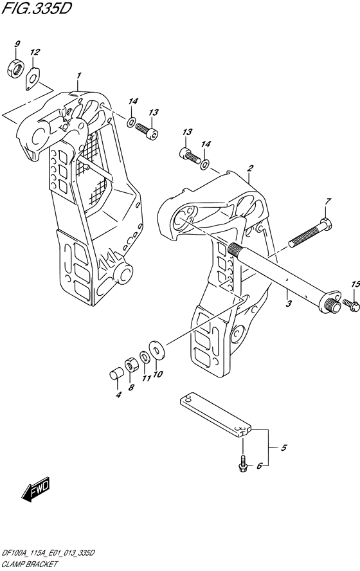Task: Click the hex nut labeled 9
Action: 15,68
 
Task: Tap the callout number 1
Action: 78,75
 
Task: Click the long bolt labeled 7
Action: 310,232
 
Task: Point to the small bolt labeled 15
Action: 351,304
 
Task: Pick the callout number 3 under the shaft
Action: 288,304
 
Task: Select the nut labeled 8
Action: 130,365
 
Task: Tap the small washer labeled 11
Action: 144,358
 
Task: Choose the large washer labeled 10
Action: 157,350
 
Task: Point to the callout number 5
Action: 284,448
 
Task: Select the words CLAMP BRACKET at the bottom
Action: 29,565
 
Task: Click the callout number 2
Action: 249,168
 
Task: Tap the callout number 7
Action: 328,201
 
